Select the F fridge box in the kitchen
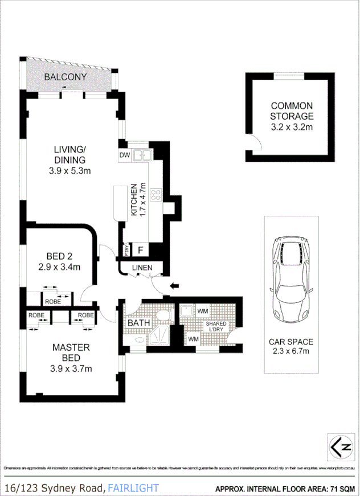click(140, 249)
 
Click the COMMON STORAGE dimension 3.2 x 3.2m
click(291, 127)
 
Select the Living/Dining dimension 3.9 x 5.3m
click(69, 170)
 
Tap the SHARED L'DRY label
click(216, 327)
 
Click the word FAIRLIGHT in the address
click(133, 488)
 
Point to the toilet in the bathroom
click(162, 317)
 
